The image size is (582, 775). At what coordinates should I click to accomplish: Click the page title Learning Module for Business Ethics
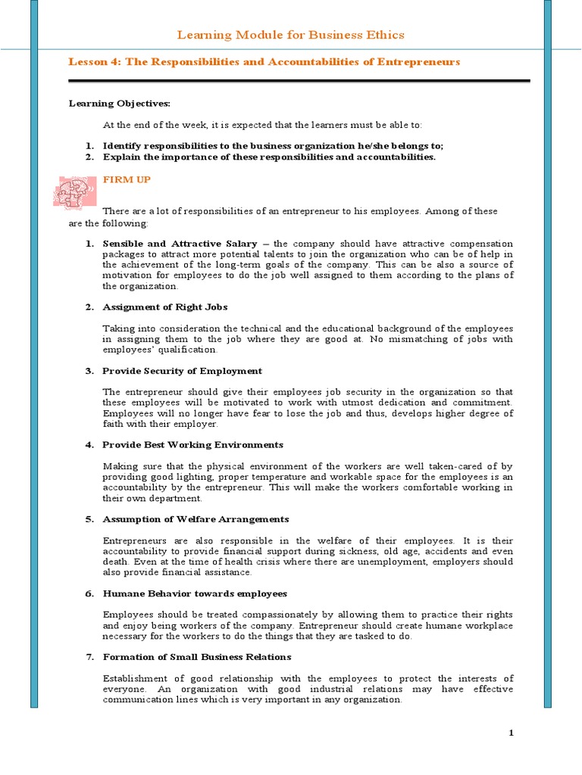[290, 35]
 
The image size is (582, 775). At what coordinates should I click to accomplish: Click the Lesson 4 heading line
[264, 61]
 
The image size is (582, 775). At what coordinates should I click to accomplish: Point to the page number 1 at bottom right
[511, 733]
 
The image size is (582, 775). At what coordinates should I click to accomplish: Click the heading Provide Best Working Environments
[192, 444]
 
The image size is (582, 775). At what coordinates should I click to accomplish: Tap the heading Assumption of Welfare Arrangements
[196, 519]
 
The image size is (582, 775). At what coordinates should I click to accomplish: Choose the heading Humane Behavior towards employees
[195, 593]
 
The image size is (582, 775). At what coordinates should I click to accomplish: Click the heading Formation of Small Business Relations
[196, 657]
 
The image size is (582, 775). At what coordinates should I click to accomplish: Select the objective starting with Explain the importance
[269, 157]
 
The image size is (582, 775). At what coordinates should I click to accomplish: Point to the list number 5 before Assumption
[89, 519]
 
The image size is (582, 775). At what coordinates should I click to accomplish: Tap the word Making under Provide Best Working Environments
[120, 465]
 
